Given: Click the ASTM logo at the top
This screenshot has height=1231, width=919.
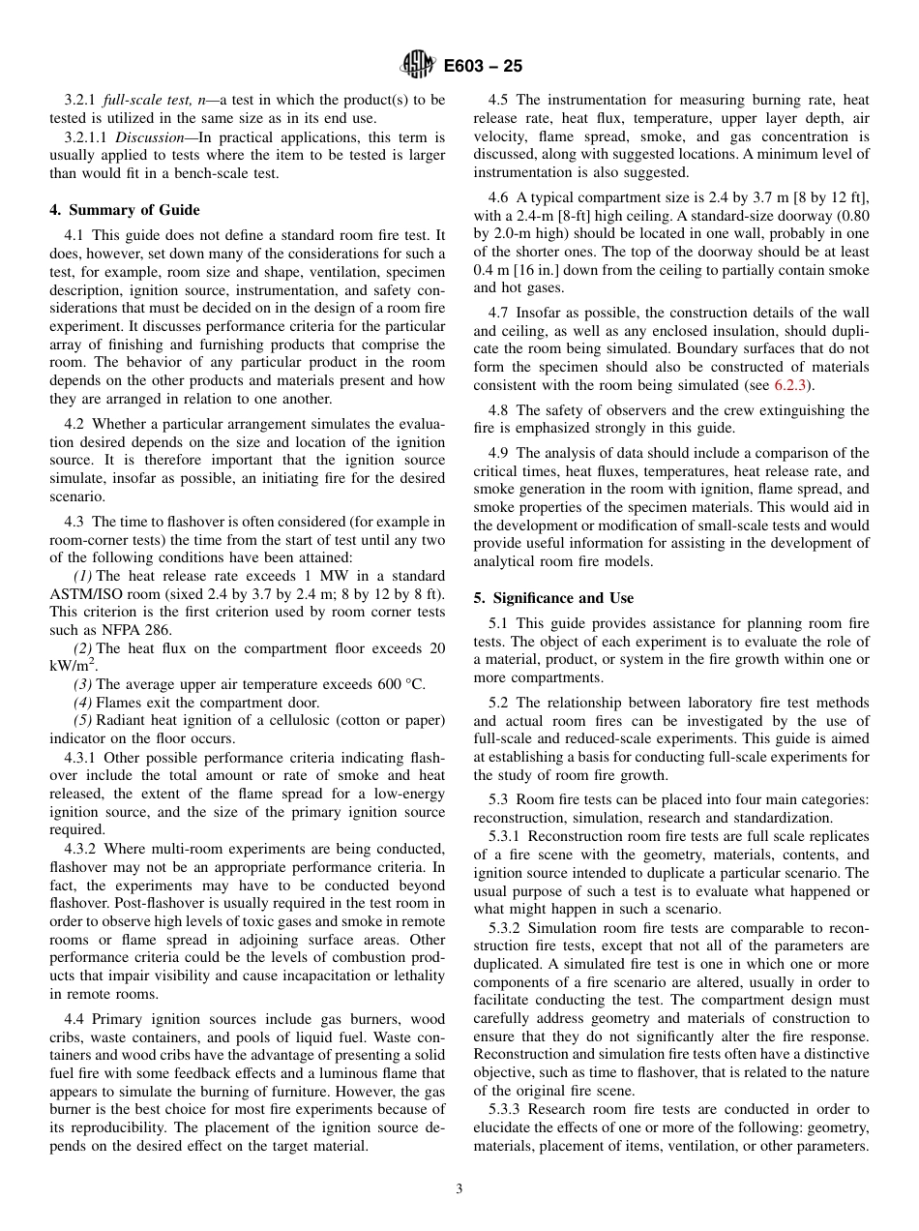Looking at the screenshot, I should [x=417, y=66].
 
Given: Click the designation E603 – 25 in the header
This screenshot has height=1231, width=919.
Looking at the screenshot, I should [x=483, y=66].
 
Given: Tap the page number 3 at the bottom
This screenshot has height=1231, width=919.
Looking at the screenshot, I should [x=459, y=1188].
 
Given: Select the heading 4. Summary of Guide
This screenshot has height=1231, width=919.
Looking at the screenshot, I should [x=124, y=210].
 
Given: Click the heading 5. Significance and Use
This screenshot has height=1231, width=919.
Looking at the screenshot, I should [x=553, y=597].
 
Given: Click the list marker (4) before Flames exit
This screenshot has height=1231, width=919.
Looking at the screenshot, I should [x=83, y=703].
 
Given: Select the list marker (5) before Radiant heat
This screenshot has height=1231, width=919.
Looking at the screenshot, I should [x=83, y=721].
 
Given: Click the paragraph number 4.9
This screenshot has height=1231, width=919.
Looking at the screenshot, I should [x=499, y=453].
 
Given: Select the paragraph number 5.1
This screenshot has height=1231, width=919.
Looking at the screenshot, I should [x=499, y=623].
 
